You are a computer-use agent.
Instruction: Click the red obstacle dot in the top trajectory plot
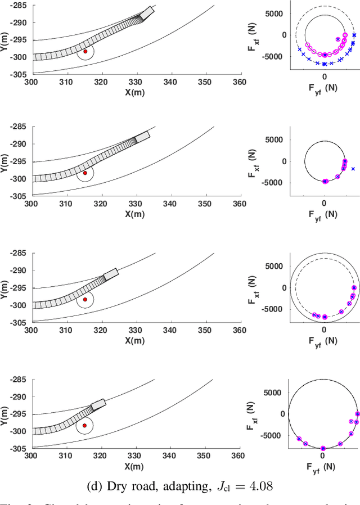(85, 51)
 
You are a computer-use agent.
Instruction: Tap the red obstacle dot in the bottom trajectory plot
(85, 425)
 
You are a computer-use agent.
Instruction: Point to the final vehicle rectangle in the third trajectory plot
(111, 274)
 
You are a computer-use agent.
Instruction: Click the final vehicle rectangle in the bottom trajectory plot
(98, 403)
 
